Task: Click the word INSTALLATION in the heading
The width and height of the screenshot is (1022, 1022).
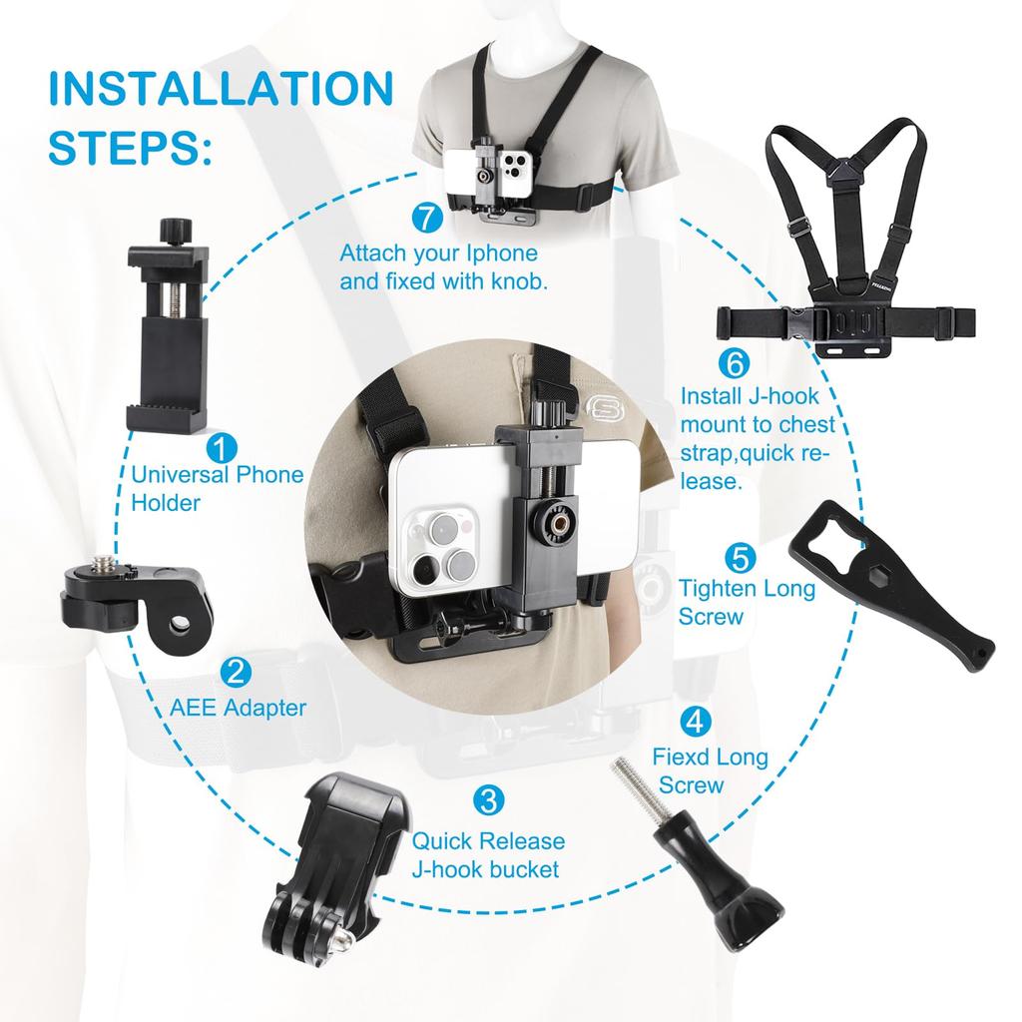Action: (x=221, y=89)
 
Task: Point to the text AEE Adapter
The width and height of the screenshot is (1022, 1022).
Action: (x=237, y=709)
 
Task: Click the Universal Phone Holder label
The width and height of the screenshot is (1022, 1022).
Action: (x=217, y=488)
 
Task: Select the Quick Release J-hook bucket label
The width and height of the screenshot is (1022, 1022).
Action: (x=488, y=855)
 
